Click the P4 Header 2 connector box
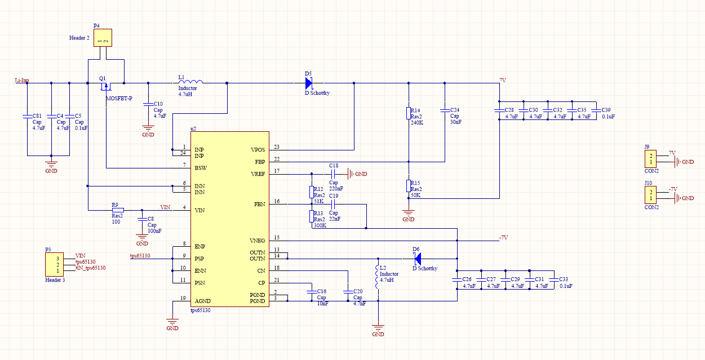[x=103, y=38]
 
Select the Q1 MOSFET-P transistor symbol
[x=105, y=87]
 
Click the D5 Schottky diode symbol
[x=308, y=83]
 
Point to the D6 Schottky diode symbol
[x=418, y=259]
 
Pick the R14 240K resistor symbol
[x=409, y=113]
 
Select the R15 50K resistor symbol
[x=409, y=185]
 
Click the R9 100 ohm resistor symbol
[x=118, y=210]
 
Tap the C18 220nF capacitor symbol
[x=332, y=174]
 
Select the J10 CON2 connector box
[x=651, y=195]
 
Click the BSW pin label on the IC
[x=199, y=168]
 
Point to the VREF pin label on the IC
[x=258, y=174]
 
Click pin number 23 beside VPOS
[x=276, y=147]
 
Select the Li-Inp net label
[x=22, y=81]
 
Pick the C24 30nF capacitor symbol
[x=445, y=109]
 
